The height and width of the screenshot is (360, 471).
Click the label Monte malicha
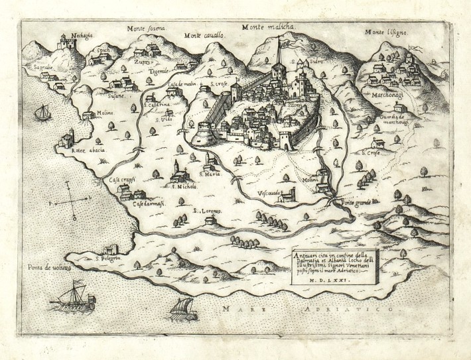[272, 27]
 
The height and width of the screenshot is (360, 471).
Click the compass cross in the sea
[73, 199]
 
